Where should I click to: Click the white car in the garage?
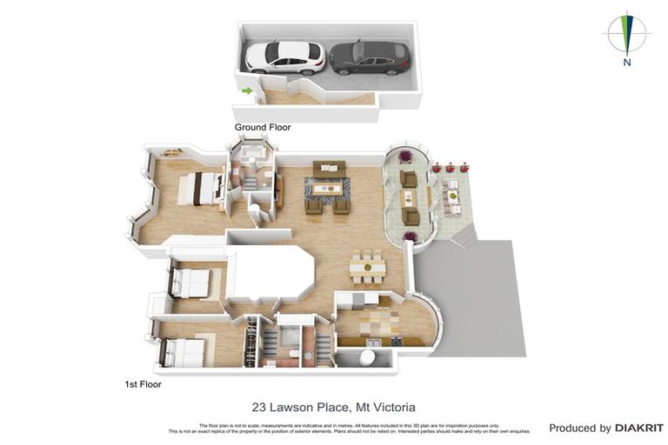(x=284, y=57)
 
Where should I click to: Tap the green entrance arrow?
(x=247, y=90)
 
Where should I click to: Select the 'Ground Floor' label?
(x=263, y=127)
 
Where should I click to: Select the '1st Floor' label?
(x=144, y=383)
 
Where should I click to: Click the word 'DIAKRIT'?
(x=639, y=428)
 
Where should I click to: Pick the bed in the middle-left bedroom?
(x=190, y=282)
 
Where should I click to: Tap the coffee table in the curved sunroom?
(x=407, y=197)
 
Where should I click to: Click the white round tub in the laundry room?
(x=372, y=358)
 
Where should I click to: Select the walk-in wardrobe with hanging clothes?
(x=251, y=342)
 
